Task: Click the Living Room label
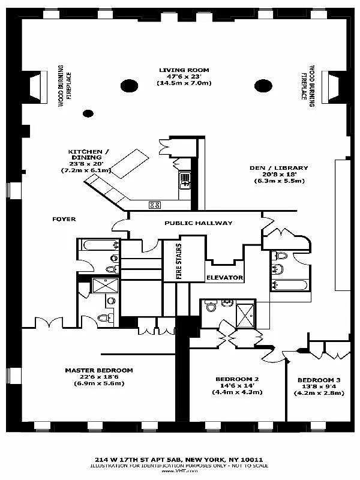[x=185, y=70]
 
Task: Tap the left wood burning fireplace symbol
[x=35, y=85]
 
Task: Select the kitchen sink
[x=185, y=177]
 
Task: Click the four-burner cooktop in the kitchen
[x=155, y=205]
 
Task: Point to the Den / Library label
[x=278, y=168]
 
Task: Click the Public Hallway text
[x=198, y=223]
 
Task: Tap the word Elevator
[x=224, y=278]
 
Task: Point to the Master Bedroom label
[x=99, y=370]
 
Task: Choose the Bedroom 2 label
[x=237, y=379]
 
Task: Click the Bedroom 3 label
[x=319, y=380]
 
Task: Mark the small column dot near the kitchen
[x=88, y=113]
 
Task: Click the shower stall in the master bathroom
[x=100, y=284]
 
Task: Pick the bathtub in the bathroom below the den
[x=289, y=285]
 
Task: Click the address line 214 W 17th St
[x=180, y=459]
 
